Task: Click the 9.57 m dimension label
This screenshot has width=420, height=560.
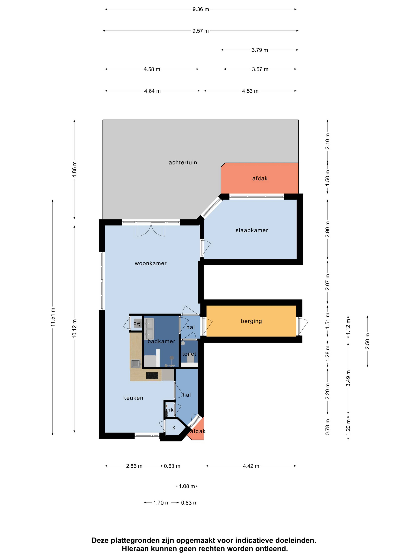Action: [200, 31]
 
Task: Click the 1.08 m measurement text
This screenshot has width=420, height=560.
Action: [187, 486]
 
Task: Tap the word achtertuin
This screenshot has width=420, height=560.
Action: [183, 163]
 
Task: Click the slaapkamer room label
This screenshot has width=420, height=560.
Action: [252, 230]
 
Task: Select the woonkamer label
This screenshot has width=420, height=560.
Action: [151, 263]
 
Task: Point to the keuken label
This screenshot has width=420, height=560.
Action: [133, 398]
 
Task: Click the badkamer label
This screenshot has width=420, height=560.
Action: [162, 341]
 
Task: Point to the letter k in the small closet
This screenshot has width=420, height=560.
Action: [174, 428]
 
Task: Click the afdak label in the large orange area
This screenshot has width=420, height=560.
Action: [260, 178]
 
